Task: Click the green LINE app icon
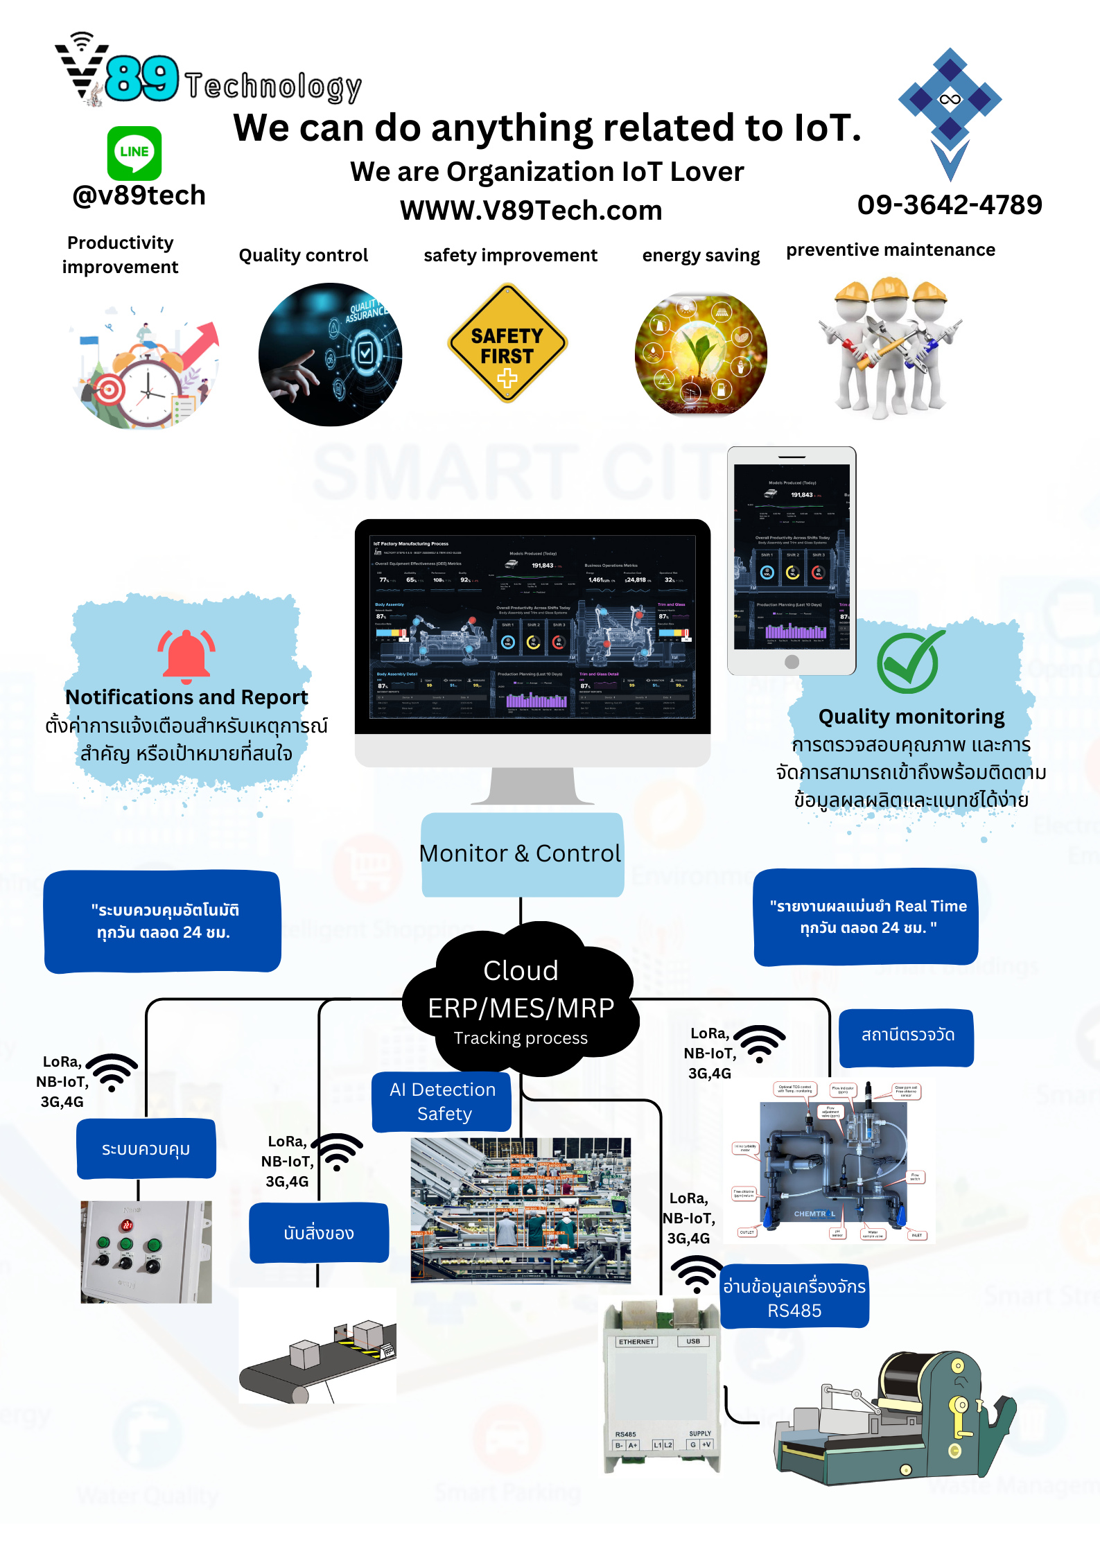(134, 152)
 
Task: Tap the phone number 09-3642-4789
(949, 204)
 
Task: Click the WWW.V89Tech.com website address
(531, 210)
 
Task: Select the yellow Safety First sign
(507, 344)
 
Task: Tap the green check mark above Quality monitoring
(909, 663)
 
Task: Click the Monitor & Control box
(521, 854)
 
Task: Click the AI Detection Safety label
(442, 1101)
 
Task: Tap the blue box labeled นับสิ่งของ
(319, 1233)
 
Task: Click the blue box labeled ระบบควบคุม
(146, 1149)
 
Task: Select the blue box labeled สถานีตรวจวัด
(907, 1035)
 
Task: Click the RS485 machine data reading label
(794, 1298)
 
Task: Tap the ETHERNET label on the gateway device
(636, 1342)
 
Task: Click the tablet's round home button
(792, 662)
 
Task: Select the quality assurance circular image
(331, 354)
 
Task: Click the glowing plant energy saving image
(701, 353)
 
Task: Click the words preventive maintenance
(890, 250)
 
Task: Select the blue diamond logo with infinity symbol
(950, 100)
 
